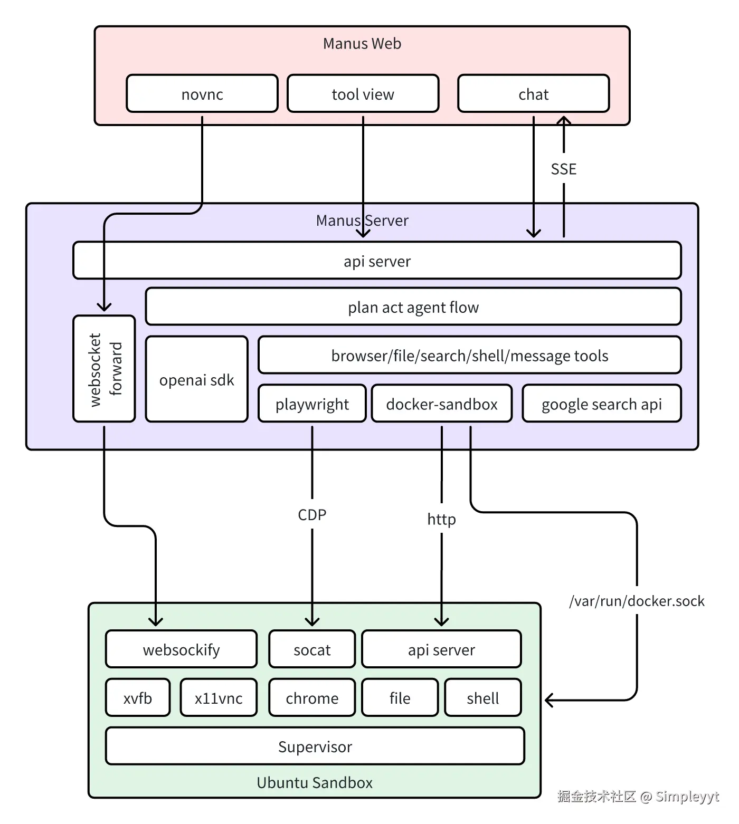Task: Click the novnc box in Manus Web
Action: click(202, 94)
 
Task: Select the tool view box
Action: click(363, 94)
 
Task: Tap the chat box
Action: click(533, 94)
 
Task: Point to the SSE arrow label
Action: click(563, 169)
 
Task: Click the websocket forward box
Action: click(104, 369)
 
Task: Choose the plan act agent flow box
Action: click(413, 307)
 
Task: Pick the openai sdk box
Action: click(196, 380)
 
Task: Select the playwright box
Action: click(312, 404)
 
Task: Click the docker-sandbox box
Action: click(442, 404)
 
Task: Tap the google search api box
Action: click(601, 404)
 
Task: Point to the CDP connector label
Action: click(312, 515)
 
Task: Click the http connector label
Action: click(441, 520)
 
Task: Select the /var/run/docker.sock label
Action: click(637, 601)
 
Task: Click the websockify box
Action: click(181, 649)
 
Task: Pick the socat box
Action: click(312, 649)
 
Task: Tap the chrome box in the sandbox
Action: click(312, 698)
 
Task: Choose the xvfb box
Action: click(138, 698)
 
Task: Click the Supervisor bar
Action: click(315, 746)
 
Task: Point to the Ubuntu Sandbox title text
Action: click(315, 782)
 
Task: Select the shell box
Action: click(482, 698)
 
